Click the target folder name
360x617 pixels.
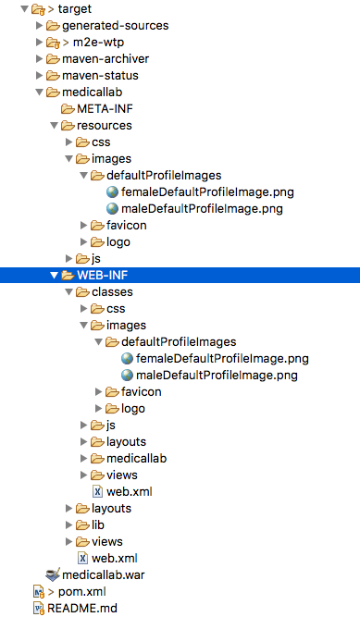(x=75, y=8)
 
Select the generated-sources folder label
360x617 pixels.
(x=116, y=26)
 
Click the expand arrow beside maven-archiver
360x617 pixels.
(x=39, y=58)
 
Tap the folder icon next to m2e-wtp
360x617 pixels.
(x=53, y=43)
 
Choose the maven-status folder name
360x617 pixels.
(x=101, y=75)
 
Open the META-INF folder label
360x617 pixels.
(x=105, y=108)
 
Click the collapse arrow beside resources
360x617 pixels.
(x=54, y=126)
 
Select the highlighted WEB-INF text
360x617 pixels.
(x=103, y=275)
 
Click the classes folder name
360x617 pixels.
(x=112, y=292)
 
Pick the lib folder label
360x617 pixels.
(x=98, y=524)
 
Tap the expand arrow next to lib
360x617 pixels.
(x=68, y=524)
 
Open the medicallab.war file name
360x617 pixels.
(x=104, y=574)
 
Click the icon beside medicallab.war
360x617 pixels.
(x=53, y=574)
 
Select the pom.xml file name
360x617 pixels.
(x=82, y=591)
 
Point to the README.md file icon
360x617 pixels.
(x=39, y=609)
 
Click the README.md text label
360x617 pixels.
(x=82, y=609)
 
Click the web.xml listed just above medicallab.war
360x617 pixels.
(x=115, y=559)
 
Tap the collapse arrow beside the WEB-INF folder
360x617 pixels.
(x=54, y=276)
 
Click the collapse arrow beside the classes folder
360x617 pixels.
(x=68, y=292)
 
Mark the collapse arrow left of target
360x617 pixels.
(x=24, y=8)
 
